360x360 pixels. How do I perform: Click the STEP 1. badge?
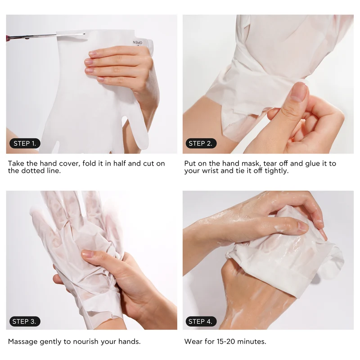[x=25, y=144]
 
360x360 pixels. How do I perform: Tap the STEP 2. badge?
[x=201, y=144]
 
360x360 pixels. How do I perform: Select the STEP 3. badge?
[x=25, y=321]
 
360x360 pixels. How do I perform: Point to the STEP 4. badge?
[x=201, y=321]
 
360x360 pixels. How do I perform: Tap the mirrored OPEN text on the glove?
[x=138, y=42]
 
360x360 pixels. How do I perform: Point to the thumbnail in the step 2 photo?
[x=298, y=91]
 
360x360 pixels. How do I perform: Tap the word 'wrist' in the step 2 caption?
[x=210, y=171]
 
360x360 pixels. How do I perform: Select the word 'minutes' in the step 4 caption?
[x=252, y=342]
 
